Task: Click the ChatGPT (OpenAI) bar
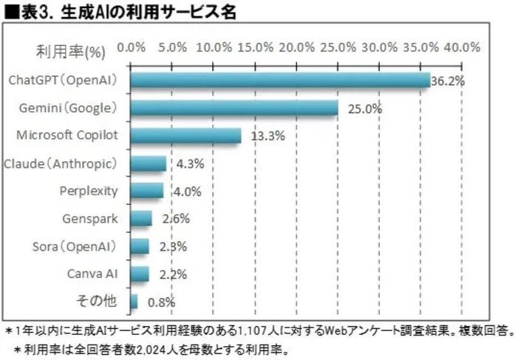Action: pos(279,81)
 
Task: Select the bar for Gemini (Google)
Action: pos(234,109)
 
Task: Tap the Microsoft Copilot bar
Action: pos(185,136)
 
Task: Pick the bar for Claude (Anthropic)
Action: pos(148,163)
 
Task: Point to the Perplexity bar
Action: pos(147,191)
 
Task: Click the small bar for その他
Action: pos(134,301)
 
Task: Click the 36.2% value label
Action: pos(448,81)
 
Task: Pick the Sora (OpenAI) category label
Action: pos(75,246)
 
